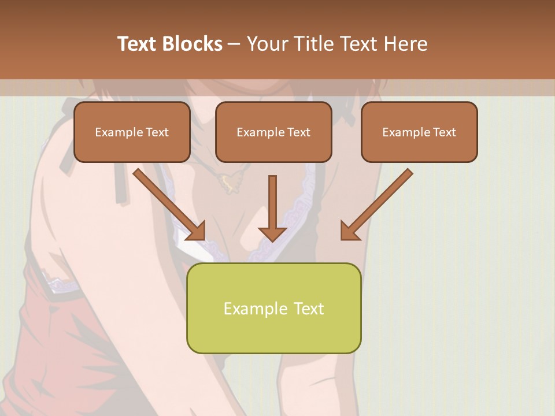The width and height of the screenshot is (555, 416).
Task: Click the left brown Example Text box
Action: [132, 132]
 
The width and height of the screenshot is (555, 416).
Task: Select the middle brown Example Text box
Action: [273, 132]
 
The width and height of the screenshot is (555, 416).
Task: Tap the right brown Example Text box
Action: [419, 132]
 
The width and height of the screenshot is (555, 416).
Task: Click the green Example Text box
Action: [273, 308]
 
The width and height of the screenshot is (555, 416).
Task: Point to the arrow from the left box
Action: [168, 203]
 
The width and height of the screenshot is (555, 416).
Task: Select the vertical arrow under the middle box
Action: [272, 205]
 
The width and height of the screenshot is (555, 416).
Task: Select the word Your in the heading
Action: [266, 43]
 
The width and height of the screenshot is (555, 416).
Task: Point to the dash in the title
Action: [235, 44]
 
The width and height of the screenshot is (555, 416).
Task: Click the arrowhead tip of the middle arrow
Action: [272, 239]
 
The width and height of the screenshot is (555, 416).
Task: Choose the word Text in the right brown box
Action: [444, 132]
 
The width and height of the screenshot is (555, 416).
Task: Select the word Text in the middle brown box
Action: [298, 132]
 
